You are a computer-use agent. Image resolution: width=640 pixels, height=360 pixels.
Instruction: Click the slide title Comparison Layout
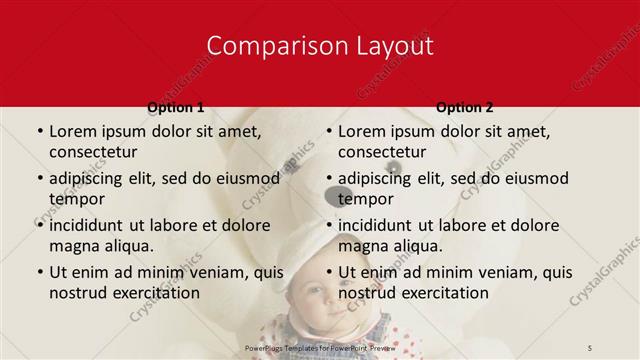320,45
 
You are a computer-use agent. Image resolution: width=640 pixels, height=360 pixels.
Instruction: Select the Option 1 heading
175,107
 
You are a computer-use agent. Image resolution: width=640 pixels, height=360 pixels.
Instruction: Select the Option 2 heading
464,107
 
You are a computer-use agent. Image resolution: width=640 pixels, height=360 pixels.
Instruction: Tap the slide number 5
590,347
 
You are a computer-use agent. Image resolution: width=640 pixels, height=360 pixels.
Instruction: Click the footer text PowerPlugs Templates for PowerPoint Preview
320,347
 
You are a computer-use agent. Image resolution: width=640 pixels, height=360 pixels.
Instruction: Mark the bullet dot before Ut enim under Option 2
327,272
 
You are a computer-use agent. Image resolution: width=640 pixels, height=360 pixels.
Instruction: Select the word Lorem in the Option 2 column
362,131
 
